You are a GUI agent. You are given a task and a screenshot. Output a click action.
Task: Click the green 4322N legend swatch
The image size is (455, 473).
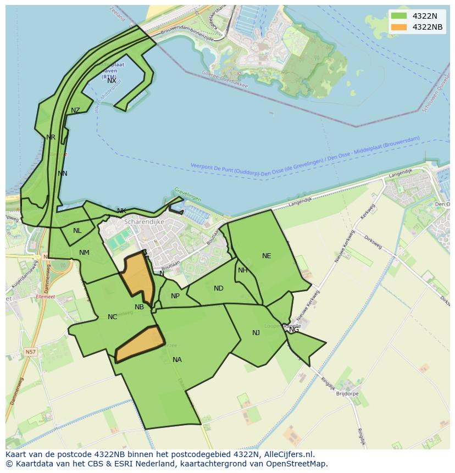tap(399, 16)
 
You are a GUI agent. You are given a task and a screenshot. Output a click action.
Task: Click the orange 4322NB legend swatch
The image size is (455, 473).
tap(399, 27)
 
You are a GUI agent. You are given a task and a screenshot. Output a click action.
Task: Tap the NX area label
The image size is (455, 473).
tap(112, 81)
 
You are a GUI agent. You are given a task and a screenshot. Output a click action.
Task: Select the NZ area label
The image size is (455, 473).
tap(75, 110)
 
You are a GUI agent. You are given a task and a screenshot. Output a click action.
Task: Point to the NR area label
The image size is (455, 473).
tap(51, 137)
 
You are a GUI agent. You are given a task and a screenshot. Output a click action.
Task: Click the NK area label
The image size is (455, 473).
tap(121, 211)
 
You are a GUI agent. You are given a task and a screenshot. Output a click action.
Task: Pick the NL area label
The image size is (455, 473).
tap(77, 231)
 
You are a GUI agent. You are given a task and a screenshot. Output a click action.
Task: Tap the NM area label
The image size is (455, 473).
tap(84, 253)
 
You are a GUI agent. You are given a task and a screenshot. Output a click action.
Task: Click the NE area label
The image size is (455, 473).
tap(267, 256)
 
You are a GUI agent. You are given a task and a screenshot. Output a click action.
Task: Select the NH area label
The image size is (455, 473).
tap(242, 270)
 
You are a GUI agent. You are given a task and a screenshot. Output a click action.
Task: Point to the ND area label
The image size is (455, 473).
tap(219, 288)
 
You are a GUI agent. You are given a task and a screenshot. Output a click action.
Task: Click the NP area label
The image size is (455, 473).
tap(175, 296)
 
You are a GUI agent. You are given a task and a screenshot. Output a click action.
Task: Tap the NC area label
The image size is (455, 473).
tap(112, 317)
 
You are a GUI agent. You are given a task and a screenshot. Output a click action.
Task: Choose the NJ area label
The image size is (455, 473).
tap(256, 333)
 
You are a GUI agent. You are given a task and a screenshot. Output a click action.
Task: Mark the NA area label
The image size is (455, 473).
tap(177, 360)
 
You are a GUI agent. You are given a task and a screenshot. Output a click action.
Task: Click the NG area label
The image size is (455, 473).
tap(294, 330)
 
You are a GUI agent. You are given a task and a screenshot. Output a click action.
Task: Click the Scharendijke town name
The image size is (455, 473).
tap(144, 222)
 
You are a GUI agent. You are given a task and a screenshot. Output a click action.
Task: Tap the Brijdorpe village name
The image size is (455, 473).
tap(347, 394)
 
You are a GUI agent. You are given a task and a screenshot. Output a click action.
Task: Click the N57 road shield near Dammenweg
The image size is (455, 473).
tap(31, 352)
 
